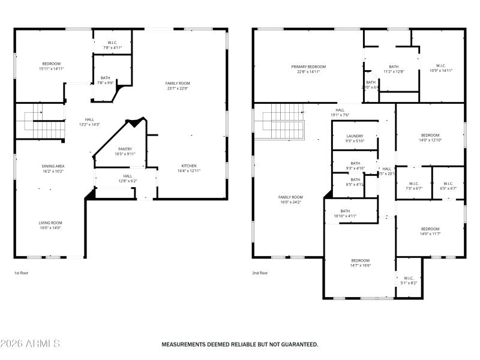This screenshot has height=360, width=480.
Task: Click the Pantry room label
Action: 125,149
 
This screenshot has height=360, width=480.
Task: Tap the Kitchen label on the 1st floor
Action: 189,166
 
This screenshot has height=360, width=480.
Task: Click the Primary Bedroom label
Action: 308,67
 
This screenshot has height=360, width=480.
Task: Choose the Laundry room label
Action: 355,136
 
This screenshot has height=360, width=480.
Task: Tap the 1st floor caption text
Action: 22,273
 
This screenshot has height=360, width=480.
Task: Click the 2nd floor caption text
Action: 260,273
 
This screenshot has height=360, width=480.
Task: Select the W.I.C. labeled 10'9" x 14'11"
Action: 441,66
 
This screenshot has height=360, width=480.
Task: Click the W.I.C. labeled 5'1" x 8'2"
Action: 409,278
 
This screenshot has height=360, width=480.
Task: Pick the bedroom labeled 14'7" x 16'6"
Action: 361,260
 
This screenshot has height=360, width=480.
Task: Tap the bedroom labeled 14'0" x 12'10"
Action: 430,136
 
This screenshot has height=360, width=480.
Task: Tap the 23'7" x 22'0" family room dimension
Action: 178,89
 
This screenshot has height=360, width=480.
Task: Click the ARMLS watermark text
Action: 30,344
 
